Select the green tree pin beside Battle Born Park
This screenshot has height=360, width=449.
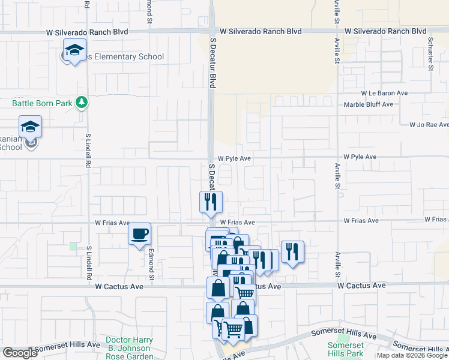pyautogui.click(x=82, y=103)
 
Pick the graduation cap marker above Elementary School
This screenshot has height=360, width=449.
pyautogui.click(x=75, y=50)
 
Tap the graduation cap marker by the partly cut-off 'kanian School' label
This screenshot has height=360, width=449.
pyautogui.click(x=30, y=127)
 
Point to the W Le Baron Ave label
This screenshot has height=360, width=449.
pyautogui.click(x=384, y=94)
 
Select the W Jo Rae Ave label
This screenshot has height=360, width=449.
pyautogui.click(x=429, y=125)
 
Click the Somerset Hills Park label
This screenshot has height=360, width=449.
pyautogui.click(x=346, y=349)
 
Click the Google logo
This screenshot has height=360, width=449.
pyautogui.click(x=20, y=353)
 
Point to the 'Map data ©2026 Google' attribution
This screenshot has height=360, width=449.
pyautogui.click(x=411, y=355)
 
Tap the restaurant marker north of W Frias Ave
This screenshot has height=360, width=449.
pyautogui.click(x=211, y=202)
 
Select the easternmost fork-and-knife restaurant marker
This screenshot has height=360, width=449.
pyautogui.click(x=292, y=251)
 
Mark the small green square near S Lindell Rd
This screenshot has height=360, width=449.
pyautogui.click(x=73, y=246)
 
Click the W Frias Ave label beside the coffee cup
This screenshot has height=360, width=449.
pyautogui.click(x=112, y=223)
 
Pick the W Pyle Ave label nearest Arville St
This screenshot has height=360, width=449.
pyautogui.click(x=360, y=157)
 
